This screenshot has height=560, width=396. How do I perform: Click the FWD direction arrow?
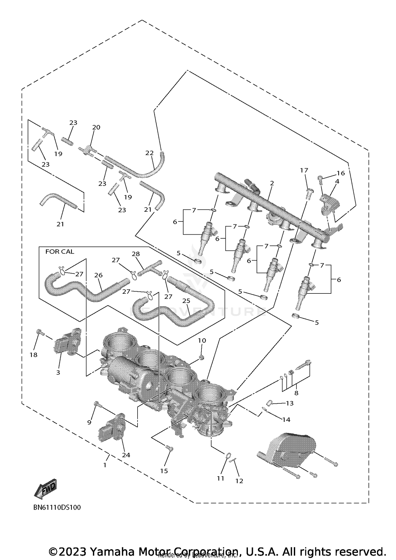(x=45, y=488)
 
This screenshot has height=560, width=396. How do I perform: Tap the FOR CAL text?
(x=60, y=252)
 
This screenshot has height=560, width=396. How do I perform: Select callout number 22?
(x=149, y=153)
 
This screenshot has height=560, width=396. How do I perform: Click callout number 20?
(x=96, y=127)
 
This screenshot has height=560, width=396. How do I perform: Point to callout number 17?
(x=304, y=170)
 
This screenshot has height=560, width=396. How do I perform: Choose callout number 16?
(x=341, y=173)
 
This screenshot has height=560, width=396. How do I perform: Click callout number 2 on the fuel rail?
(x=272, y=183)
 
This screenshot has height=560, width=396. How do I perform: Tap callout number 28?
(x=136, y=254)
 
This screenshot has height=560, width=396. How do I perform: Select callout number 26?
(x=98, y=275)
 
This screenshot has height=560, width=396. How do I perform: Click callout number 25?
(x=186, y=301)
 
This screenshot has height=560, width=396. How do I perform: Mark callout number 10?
(x=202, y=340)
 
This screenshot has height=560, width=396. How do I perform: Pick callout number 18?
(x=34, y=355)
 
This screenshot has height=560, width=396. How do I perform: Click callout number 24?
(x=126, y=455)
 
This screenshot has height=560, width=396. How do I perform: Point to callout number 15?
(x=164, y=471)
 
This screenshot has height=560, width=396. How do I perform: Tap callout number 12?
(x=239, y=481)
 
